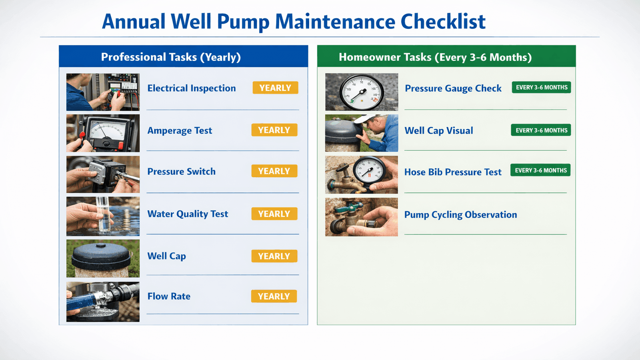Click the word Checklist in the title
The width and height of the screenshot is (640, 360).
[443, 22]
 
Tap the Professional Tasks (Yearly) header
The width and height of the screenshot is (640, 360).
[171, 57]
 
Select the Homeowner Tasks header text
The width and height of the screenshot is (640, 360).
[435, 57]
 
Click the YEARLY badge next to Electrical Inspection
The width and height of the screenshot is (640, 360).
[275, 88]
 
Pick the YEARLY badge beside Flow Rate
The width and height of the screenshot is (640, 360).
[274, 296]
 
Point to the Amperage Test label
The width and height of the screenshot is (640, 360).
[180, 130]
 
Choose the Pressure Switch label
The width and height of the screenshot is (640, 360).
[181, 172]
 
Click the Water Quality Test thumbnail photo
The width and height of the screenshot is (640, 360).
[103, 216]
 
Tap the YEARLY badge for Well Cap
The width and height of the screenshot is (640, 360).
[274, 256]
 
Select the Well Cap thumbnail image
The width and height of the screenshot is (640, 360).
[103, 258]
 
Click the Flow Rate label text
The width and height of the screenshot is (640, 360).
[169, 296]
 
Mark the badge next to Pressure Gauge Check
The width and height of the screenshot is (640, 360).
[541, 88]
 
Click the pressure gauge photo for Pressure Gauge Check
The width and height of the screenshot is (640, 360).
[362, 92]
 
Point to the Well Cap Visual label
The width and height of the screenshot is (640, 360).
[438, 131]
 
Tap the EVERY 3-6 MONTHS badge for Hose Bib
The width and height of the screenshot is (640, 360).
[540, 170]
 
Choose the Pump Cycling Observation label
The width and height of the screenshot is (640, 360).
[460, 215]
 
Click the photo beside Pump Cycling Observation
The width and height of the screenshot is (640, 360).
[362, 217]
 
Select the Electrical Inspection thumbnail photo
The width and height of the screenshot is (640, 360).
[103, 92]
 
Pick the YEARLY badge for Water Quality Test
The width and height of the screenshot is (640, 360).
[274, 214]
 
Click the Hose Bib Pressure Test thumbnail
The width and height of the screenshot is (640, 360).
[362, 175]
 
